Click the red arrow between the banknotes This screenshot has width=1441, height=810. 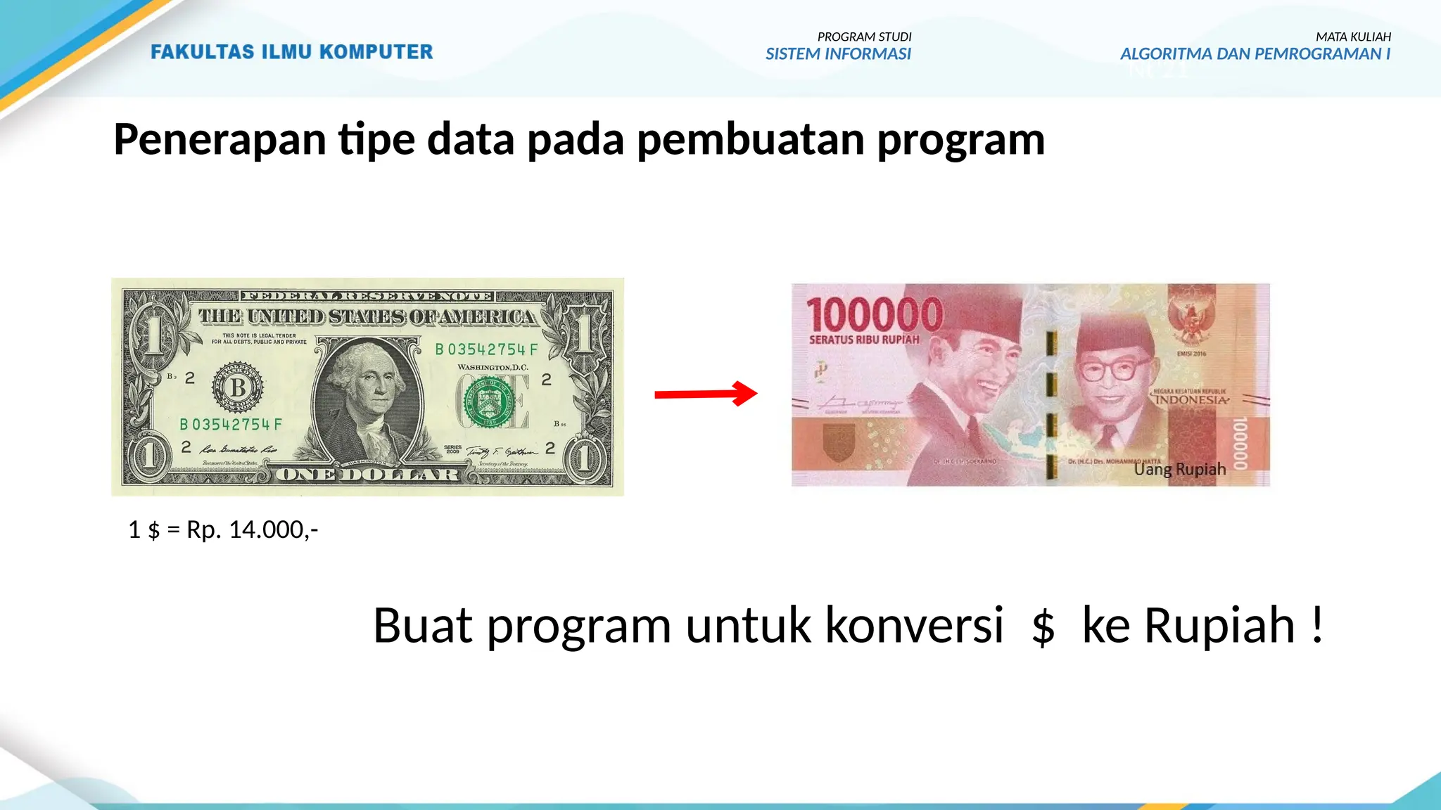pyautogui.click(x=705, y=394)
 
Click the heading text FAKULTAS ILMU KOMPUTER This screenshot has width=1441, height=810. pyautogui.click(x=291, y=52)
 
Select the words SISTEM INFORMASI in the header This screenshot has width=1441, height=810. pyautogui.click(x=838, y=54)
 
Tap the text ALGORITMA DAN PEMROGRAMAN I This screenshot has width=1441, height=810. pyautogui.click(x=1255, y=54)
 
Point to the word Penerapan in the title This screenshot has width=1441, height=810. pyautogui.click(x=220, y=139)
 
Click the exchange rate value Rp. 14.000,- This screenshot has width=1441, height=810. pyautogui.click(x=252, y=529)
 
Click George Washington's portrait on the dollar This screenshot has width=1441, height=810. pyautogui.click(x=367, y=394)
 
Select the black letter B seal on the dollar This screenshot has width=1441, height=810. pyautogui.click(x=239, y=387)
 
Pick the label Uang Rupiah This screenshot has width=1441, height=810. pyautogui.click(x=1179, y=469)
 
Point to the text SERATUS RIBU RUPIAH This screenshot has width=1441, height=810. pyautogui.click(x=864, y=340)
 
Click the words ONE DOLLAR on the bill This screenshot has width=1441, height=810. pyautogui.click(x=367, y=475)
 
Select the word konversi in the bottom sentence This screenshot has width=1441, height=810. pyautogui.click(x=913, y=624)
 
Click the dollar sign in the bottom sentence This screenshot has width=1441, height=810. pyautogui.click(x=1043, y=626)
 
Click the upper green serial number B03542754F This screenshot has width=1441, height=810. pyautogui.click(x=486, y=349)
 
